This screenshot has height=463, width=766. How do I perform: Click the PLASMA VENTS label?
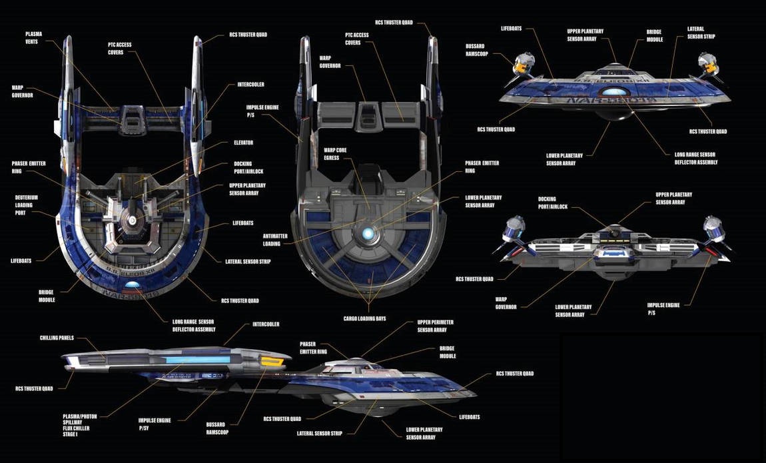(33, 37)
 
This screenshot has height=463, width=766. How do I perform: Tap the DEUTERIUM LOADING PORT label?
(27, 205)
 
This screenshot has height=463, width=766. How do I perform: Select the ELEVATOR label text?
(242, 143)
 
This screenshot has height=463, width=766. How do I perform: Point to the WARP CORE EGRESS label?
(335, 154)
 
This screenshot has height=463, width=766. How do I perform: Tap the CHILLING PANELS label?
(57, 338)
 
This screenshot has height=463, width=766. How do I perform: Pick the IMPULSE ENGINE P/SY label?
(155, 424)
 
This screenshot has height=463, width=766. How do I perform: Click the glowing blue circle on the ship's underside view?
(368, 233)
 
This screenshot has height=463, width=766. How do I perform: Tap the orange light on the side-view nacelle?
(268, 362)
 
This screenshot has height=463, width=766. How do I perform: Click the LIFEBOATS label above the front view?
(511, 29)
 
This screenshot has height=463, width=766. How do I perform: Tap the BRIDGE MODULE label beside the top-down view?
(46, 296)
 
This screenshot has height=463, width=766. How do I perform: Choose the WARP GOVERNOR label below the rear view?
(506, 303)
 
